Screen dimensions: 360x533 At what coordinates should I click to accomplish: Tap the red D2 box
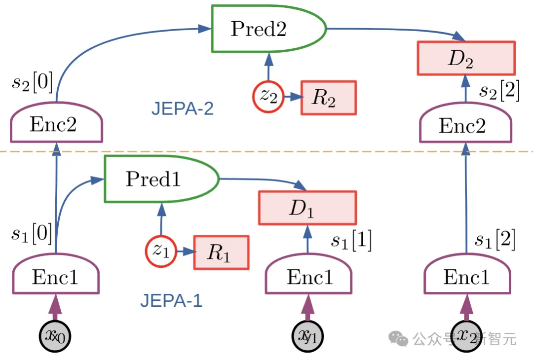coord(466,58)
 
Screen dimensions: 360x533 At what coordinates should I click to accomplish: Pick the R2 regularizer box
coord(328,98)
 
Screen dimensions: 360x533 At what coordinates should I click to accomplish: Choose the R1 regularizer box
coord(221,252)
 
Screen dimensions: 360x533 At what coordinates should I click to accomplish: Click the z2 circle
coord(268,96)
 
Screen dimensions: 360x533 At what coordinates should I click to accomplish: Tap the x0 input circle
coord(55,337)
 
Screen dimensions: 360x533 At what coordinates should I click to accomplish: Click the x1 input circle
coord(309,337)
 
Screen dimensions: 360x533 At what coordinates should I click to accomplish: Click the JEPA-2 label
coord(183,108)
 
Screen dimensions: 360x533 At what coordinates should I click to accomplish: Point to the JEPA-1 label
coord(171,300)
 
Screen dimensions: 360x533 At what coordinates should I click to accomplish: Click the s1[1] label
coord(351,240)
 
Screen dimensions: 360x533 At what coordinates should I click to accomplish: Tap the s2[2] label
coord(499,92)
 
